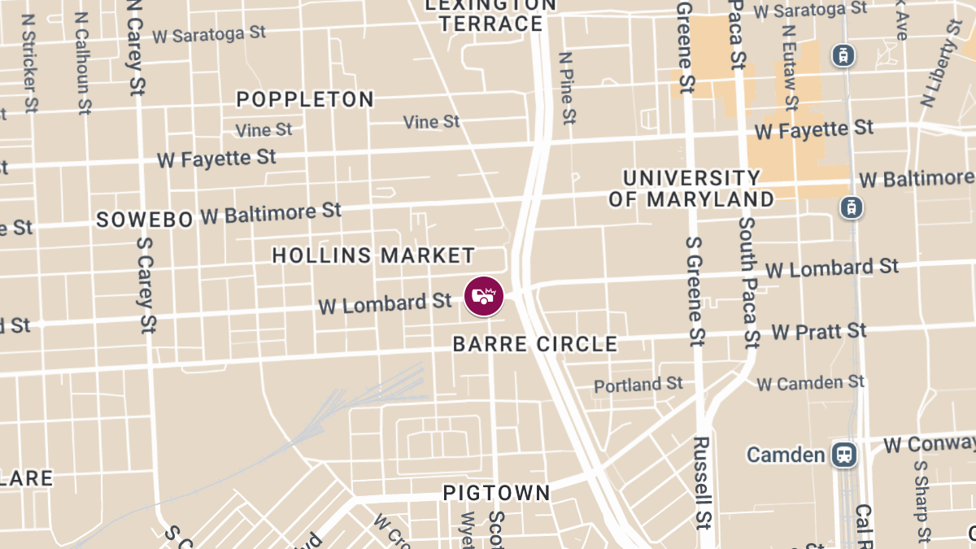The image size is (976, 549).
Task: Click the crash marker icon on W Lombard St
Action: (x=484, y=296)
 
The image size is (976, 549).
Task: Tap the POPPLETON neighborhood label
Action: (x=305, y=99)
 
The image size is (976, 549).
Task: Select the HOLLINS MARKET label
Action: (x=373, y=255)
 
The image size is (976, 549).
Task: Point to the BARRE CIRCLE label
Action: (x=535, y=344)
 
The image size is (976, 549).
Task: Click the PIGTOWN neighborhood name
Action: (x=496, y=493)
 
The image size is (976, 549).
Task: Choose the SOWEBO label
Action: (x=145, y=220)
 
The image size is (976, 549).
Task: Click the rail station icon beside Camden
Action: (x=845, y=454)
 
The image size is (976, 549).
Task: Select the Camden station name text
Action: (x=786, y=454)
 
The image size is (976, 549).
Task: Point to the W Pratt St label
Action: (x=819, y=331)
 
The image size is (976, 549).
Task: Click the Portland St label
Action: (x=638, y=384)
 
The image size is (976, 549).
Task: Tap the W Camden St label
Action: (x=810, y=381)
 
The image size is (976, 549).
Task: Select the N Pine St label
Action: (x=567, y=88)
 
